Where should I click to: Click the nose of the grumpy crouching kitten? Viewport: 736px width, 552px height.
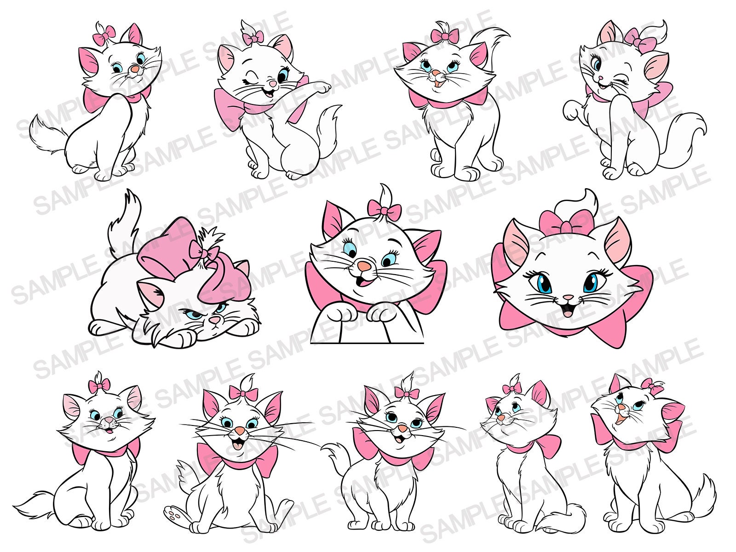tap(213, 320)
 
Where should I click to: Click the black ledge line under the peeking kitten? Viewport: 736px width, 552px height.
tap(367, 343)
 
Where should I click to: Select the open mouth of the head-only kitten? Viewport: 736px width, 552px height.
tap(567, 312)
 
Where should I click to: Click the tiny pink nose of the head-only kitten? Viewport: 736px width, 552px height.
tap(568, 297)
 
